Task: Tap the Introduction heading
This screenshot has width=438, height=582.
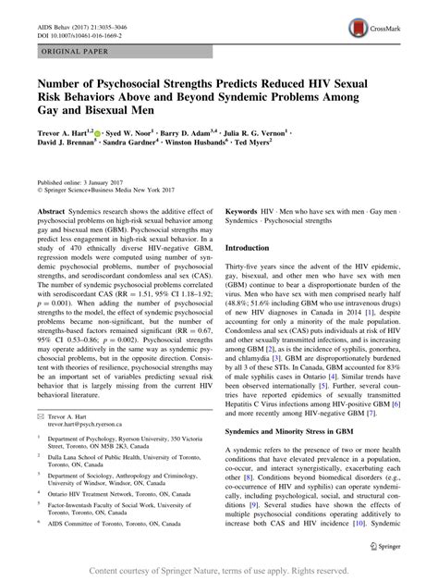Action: click(x=257, y=248)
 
